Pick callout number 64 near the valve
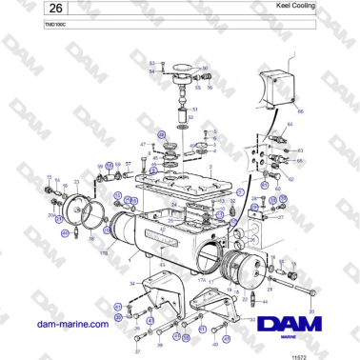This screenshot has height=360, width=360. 290,124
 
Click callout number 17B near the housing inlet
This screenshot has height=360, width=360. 102,252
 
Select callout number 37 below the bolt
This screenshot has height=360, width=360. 136,350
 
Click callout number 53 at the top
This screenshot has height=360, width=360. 152,62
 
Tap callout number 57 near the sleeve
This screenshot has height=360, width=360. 128,163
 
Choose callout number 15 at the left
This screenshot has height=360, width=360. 49,177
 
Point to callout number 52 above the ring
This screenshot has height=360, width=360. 190,126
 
